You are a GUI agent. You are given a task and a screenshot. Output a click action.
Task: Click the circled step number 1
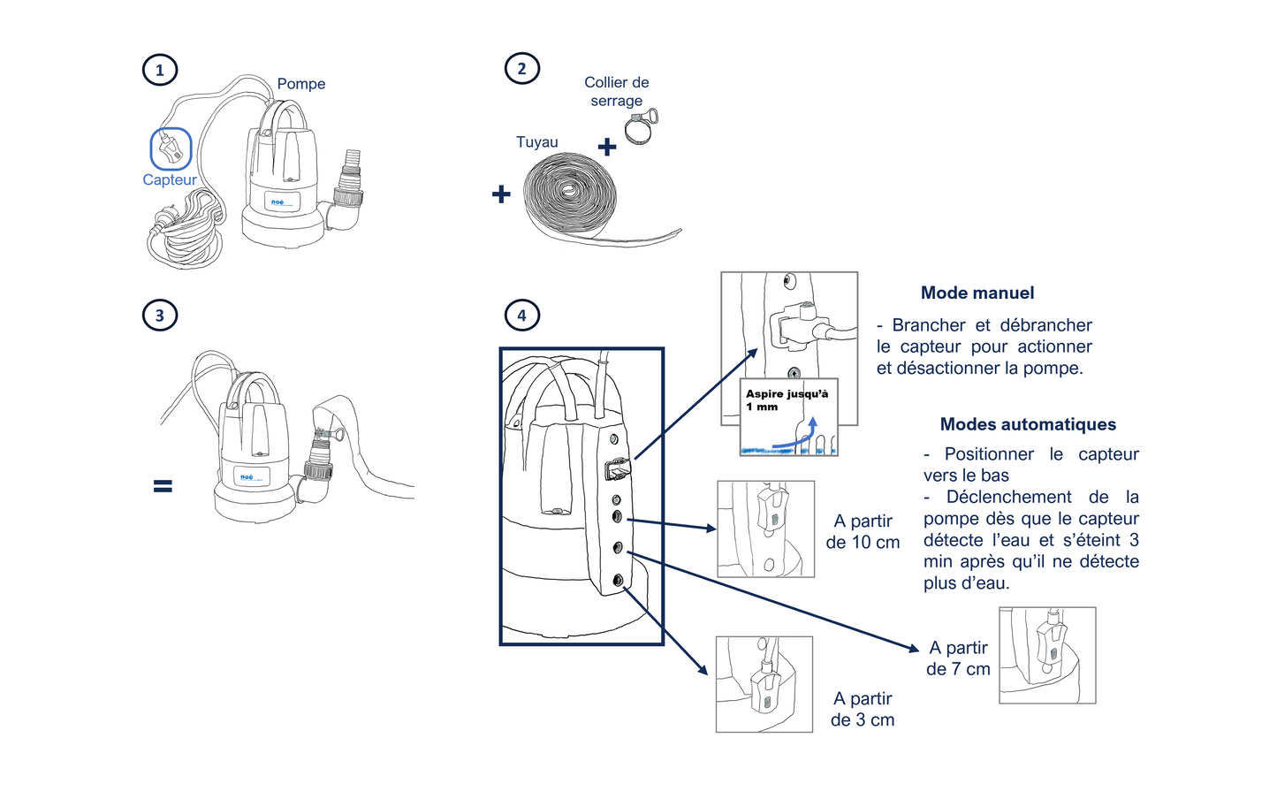point(160,70)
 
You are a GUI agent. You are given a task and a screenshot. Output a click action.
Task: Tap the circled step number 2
point(521,68)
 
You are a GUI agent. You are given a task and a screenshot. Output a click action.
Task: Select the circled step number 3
point(160,315)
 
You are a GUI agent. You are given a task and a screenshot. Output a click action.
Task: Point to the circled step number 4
point(521,315)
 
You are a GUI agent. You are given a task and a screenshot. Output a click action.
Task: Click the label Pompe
point(300,84)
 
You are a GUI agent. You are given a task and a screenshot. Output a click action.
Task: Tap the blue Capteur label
point(170,180)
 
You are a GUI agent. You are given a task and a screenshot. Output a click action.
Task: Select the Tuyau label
point(536,142)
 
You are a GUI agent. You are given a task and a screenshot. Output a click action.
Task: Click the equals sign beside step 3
point(163,485)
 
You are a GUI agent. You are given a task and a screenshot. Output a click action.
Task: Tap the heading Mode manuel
point(977,293)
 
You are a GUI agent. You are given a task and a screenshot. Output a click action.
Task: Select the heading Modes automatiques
point(1027,424)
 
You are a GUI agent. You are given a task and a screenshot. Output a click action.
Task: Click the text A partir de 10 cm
point(863,531)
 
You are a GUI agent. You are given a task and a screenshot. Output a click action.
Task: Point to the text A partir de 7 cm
point(958,658)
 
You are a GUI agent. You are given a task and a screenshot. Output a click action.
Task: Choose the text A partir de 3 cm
point(863,709)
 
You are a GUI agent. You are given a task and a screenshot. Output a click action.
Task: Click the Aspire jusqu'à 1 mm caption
point(787,399)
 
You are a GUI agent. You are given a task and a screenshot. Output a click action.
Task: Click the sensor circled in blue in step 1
point(171,148)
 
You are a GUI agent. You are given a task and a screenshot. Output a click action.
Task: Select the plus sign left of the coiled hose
point(501,194)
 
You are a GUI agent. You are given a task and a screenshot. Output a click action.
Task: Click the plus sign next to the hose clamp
point(606,147)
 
